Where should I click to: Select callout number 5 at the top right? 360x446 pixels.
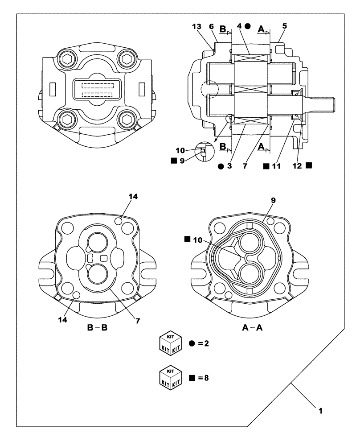tap(284, 26)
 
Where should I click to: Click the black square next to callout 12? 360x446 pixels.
tap(309, 165)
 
